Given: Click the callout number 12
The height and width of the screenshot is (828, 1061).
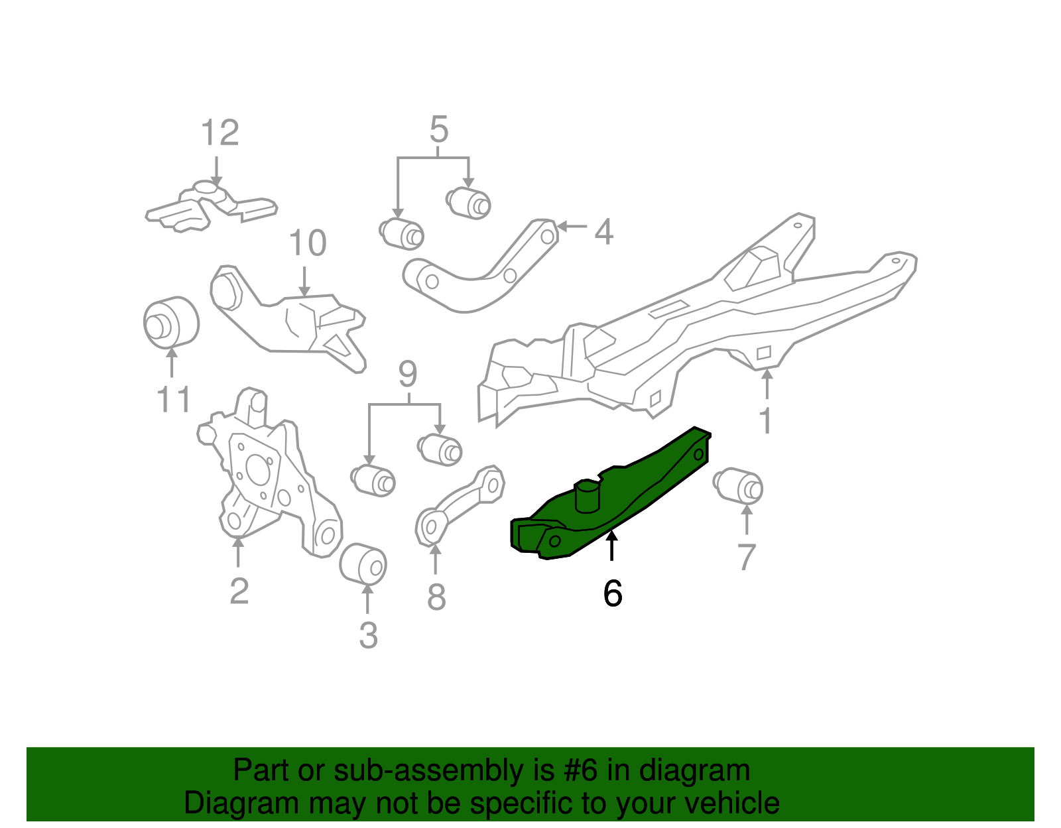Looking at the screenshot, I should pyautogui.click(x=219, y=133).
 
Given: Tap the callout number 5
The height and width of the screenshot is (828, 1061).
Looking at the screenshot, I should pyautogui.click(x=438, y=129).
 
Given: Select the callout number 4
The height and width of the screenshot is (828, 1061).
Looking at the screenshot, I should pyautogui.click(x=603, y=232).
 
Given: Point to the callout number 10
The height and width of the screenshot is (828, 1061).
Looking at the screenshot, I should pyautogui.click(x=308, y=243).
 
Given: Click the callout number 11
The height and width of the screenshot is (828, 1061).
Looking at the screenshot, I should pyautogui.click(x=174, y=400).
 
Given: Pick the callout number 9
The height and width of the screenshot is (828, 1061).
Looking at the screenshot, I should pyautogui.click(x=408, y=375).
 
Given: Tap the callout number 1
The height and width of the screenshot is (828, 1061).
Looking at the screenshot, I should pyautogui.click(x=766, y=420).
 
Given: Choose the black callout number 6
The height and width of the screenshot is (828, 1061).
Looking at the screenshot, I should pyautogui.click(x=613, y=593).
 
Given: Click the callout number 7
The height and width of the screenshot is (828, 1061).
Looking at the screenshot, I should pyautogui.click(x=747, y=557).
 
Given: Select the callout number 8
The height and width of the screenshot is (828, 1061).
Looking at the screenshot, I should pyautogui.click(x=436, y=597).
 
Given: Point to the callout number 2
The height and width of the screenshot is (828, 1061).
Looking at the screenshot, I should pyautogui.click(x=239, y=590).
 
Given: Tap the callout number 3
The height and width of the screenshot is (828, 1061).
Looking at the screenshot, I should pyautogui.click(x=368, y=635).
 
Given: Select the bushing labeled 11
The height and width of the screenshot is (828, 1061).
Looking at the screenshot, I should pyautogui.click(x=171, y=322).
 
